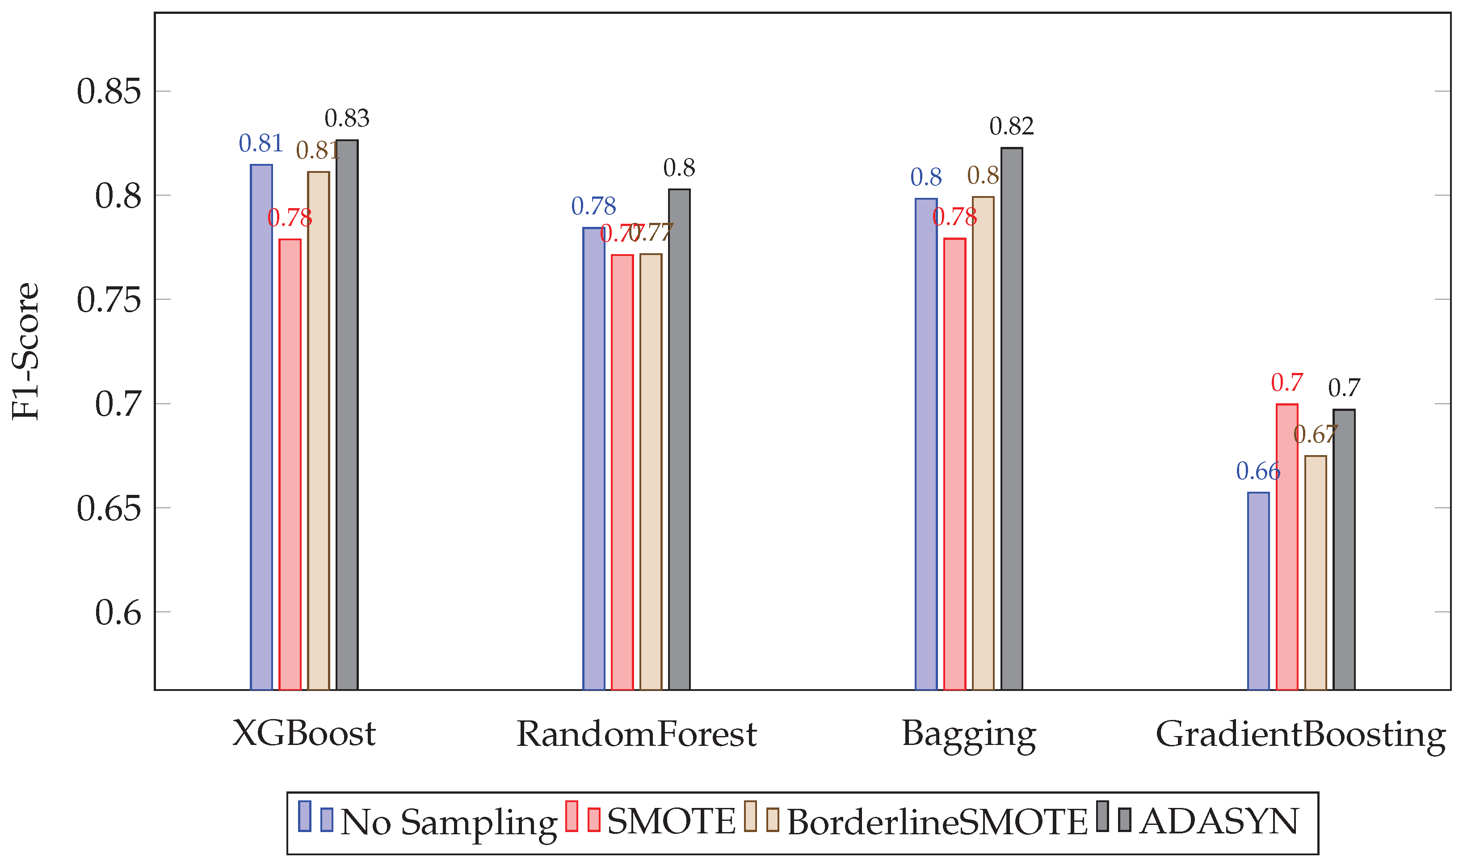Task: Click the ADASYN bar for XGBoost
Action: pyautogui.click(x=347, y=414)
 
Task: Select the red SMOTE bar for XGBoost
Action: pyautogui.click(x=290, y=464)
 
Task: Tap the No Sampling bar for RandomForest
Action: pyautogui.click(x=594, y=458)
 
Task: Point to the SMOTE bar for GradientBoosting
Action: pyautogui.click(x=1287, y=546)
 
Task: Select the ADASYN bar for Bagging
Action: pyautogui.click(x=1012, y=418)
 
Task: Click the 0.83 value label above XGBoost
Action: pyautogui.click(x=347, y=118)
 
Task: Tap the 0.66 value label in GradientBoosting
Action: pyautogui.click(x=1258, y=472)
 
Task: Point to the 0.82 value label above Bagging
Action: pyautogui.click(x=1011, y=126)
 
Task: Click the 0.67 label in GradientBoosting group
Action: pyautogui.click(x=1315, y=434)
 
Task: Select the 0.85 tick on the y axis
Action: pyautogui.click(x=109, y=92)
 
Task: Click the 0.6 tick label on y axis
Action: pyautogui.click(x=118, y=613)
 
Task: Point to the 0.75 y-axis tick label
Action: pyautogui.click(x=109, y=300)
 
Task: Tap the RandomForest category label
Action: pyautogui.click(x=636, y=734)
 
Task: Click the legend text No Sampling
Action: pyautogui.click(x=448, y=823)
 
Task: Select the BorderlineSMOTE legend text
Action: pyautogui.click(x=937, y=823)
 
